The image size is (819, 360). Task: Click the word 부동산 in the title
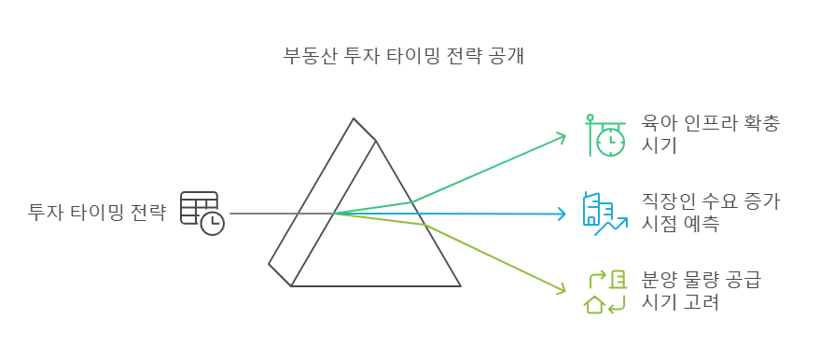(307, 55)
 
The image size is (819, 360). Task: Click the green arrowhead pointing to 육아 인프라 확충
(562, 137)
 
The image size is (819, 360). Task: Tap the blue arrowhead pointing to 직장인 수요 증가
(562, 214)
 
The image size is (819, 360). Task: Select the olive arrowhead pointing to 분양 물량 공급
(561, 289)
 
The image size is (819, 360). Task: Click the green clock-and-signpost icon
(604, 134)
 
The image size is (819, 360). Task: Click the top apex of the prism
(354, 119)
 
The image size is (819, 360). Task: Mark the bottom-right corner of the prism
(460, 285)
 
